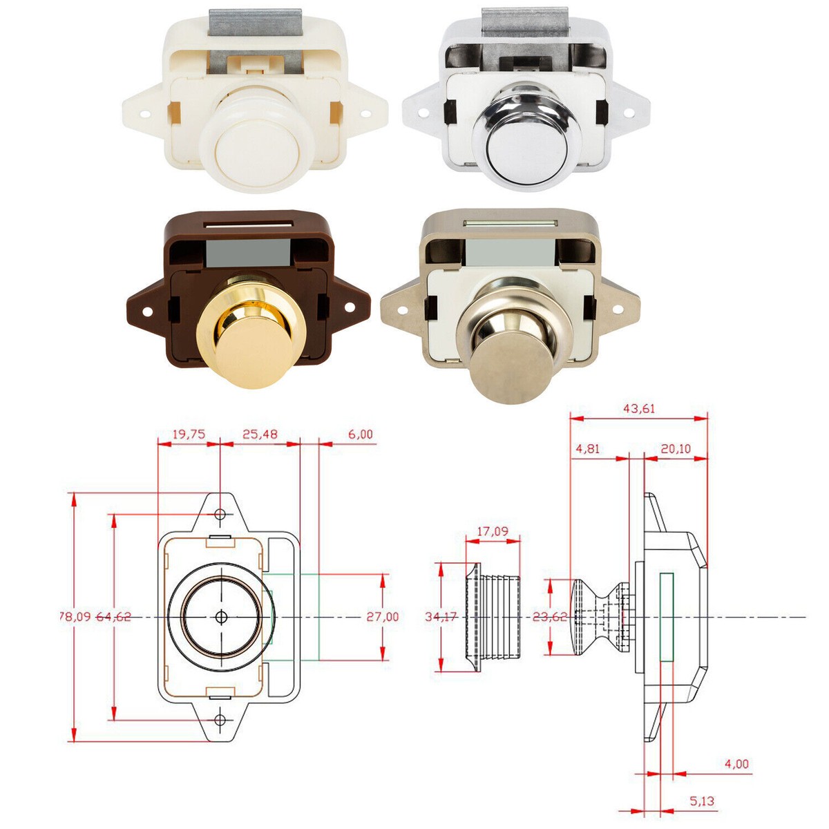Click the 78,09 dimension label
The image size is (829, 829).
click(x=75, y=616)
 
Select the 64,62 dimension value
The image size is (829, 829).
click(x=113, y=616)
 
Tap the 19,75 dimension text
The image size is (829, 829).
click(x=189, y=434)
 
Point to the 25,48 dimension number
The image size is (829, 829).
click(x=260, y=434)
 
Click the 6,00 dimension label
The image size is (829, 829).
click(x=361, y=434)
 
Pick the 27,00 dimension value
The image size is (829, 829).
click(x=383, y=616)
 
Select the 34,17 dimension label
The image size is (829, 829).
click(x=441, y=616)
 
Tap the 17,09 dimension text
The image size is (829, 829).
click(x=493, y=531)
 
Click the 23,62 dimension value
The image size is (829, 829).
click(x=550, y=616)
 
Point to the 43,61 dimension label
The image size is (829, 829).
click(x=639, y=408)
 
